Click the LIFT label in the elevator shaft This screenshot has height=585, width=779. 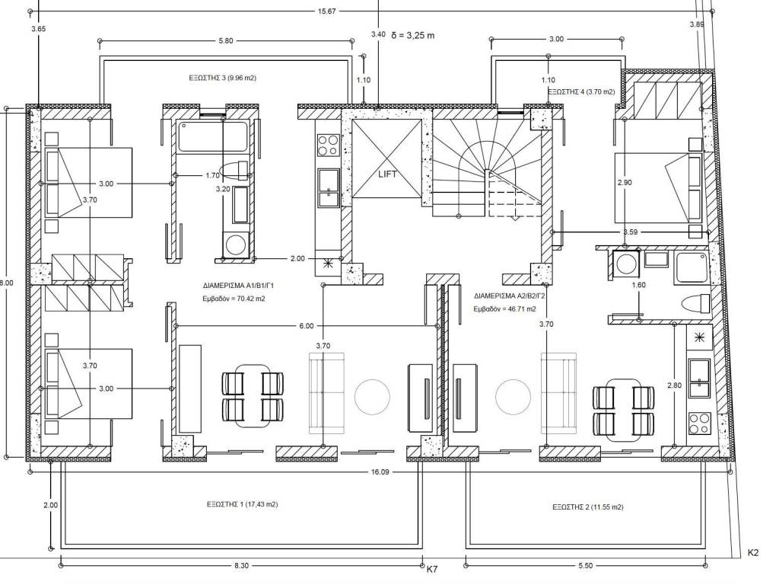[x=387, y=174]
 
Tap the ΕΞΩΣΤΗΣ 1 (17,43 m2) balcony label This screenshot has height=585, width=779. [x=243, y=504]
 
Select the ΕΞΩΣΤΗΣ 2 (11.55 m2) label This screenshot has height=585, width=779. [x=588, y=507]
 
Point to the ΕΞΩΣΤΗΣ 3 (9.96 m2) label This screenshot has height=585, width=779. [x=223, y=78]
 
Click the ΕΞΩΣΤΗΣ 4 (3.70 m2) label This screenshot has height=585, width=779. [x=581, y=92]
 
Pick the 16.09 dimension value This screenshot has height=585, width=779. [x=380, y=472]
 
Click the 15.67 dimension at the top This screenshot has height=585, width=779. [x=326, y=11]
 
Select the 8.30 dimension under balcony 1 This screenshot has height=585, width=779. [x=241, y=566]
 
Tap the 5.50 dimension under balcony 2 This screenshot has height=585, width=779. [x=586, y=566]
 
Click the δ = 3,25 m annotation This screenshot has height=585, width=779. [x=413, y=35]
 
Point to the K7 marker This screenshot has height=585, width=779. [x=432, y=569]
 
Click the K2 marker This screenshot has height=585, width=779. [x=753, y=553]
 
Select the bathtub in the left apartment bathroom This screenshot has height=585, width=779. [x=213, y=137]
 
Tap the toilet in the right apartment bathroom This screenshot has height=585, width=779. [x=697, y=303]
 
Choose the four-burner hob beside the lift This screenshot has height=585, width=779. [x=328, y=145]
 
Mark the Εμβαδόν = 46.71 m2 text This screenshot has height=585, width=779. [x=505, y=308]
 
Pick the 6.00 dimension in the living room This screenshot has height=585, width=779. [x=307, y=326]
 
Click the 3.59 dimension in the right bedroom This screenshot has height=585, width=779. [x=631, y=232]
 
